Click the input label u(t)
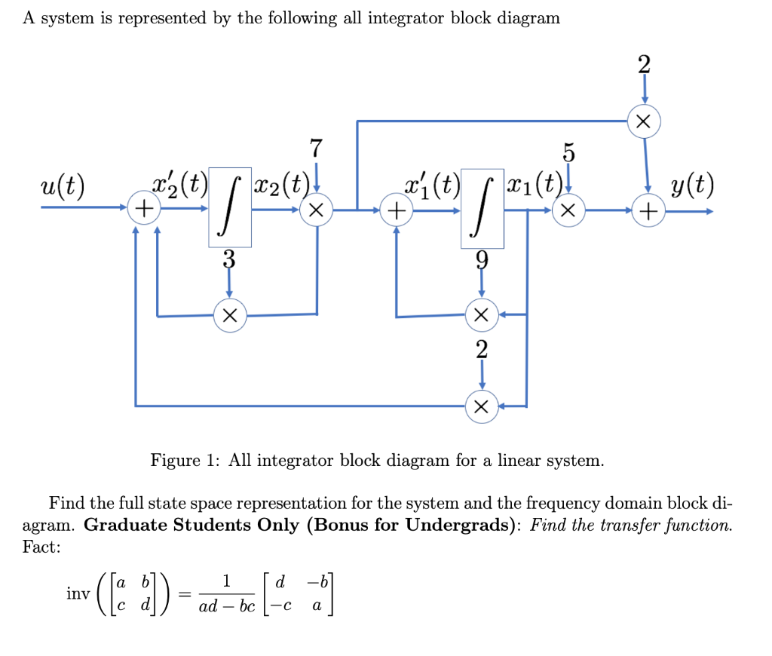(63, 185)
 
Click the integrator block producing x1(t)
(482, 207)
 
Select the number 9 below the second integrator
(482, 262)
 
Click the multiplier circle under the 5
(571, 212)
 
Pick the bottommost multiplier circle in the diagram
(482, 407)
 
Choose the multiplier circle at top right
(644, 121)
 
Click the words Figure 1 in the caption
(184, 460)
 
